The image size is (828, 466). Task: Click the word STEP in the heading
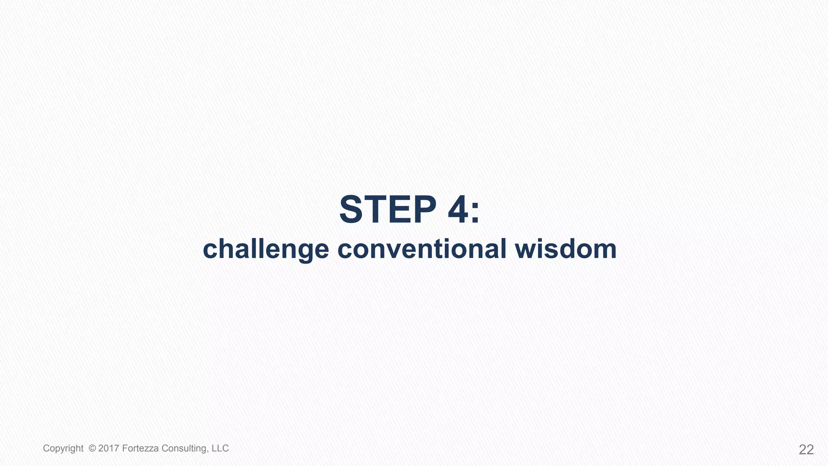point(387,210)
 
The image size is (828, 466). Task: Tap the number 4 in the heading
point(458,210)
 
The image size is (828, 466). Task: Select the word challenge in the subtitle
point(266,249)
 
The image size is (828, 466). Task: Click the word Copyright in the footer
point(63,449)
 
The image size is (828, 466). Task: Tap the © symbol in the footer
point(92,448)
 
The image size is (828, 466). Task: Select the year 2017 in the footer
point(108,448)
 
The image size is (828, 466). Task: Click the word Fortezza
point(140,448)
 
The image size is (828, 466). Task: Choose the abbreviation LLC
point(220,448)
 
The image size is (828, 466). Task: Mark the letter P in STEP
point(422,210)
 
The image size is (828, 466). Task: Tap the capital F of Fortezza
point(125,448)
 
